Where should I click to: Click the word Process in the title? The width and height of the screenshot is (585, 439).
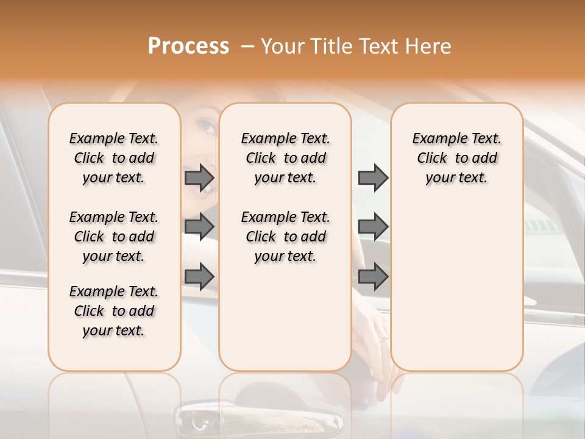coord(188,46)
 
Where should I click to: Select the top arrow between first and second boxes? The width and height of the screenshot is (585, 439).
coord(199,177)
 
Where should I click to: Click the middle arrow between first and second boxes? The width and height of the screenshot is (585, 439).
coord(199,227)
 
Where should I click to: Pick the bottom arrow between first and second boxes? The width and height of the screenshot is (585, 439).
coord(199,276)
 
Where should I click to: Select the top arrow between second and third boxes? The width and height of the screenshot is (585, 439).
coord(373,177)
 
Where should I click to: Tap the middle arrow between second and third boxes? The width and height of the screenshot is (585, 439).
coord(373,227)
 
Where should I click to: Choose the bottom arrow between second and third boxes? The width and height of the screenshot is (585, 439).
coord(373,276)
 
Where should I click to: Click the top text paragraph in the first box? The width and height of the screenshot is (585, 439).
coord(114,158)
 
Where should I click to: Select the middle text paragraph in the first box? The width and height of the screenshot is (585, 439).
coord(114,237)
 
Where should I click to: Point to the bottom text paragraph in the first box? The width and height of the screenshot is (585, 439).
coord(114,311)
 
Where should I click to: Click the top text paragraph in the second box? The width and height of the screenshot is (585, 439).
coord(285,158)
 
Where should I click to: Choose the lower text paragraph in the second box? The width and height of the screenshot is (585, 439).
coord(285,237)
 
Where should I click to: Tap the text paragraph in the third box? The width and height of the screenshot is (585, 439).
coord(456,158)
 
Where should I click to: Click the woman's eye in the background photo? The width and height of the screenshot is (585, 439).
coord(206,126)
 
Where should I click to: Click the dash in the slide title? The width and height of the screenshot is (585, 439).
coord(247,46)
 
